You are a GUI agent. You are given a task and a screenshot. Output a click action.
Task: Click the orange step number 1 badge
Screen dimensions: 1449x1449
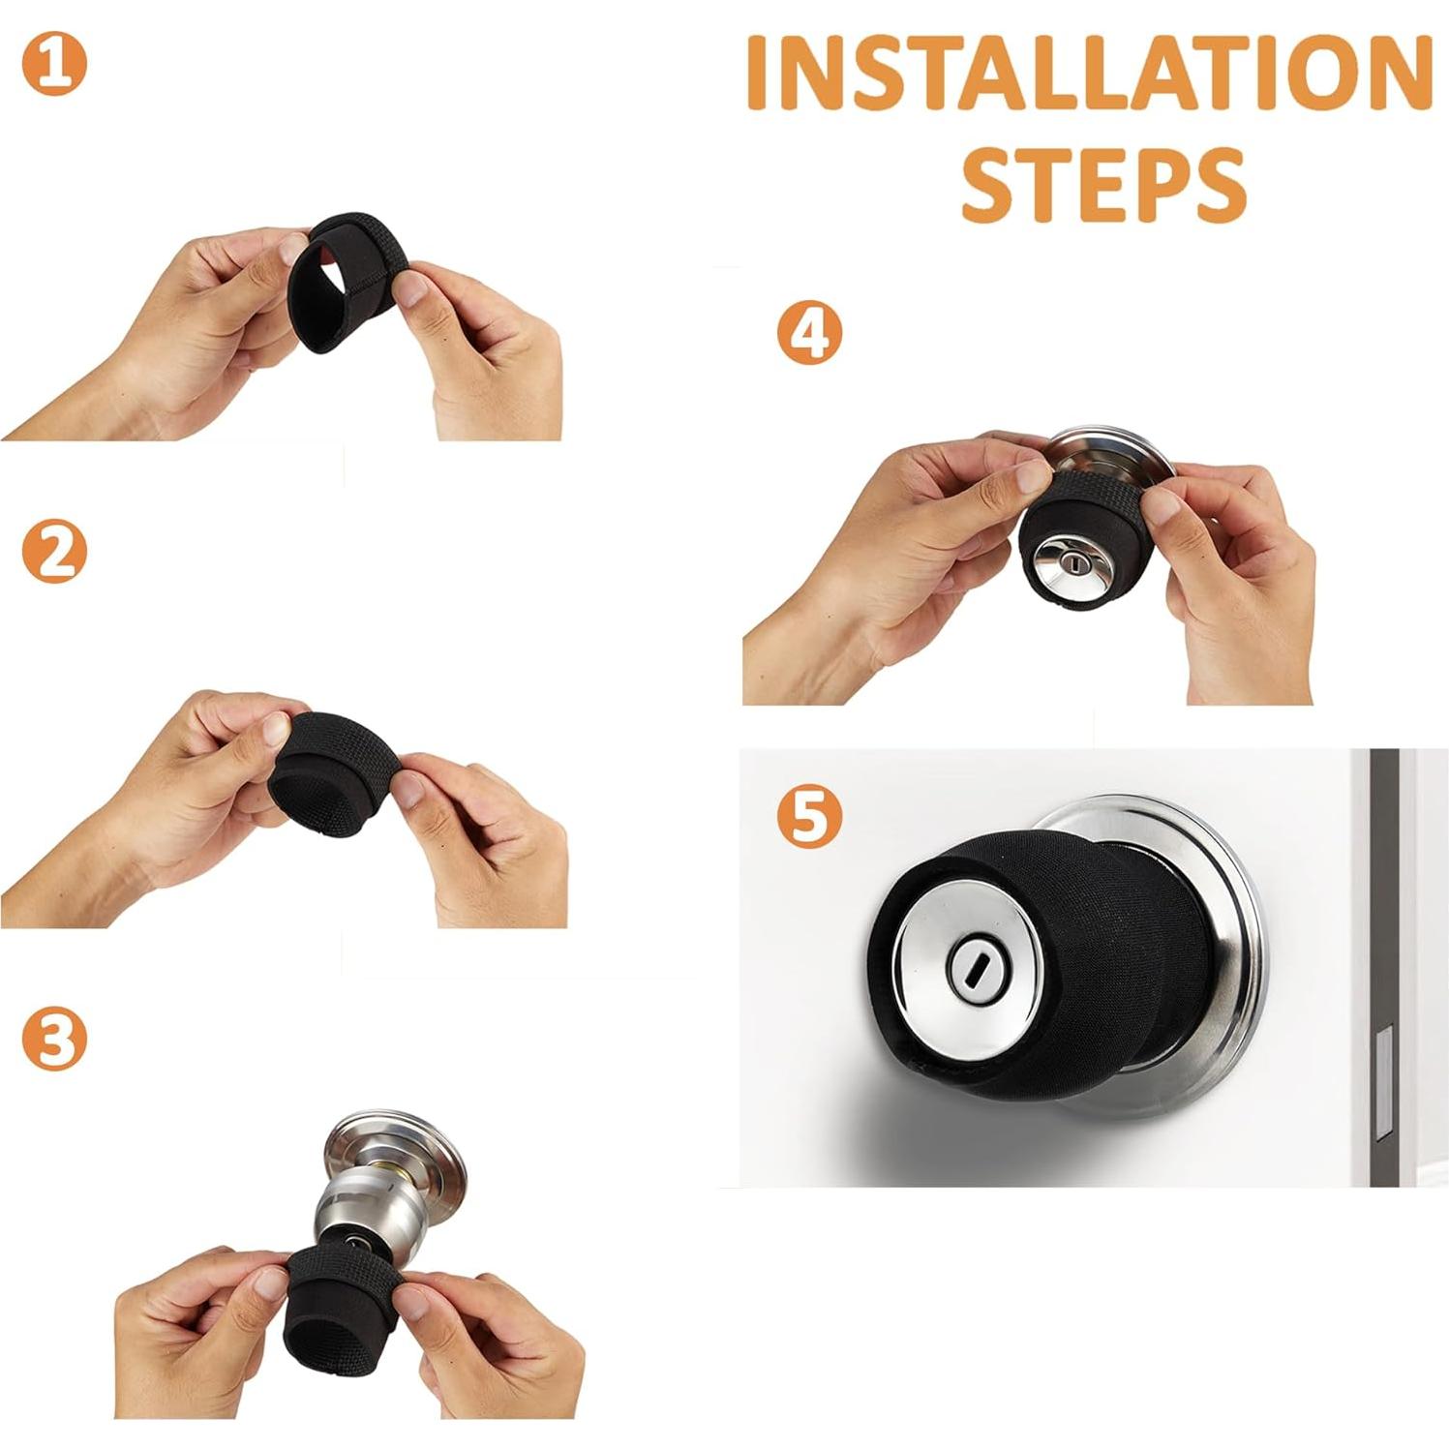coord(54,64)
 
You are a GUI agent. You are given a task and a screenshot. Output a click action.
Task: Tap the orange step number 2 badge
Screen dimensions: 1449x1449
coord(54,552)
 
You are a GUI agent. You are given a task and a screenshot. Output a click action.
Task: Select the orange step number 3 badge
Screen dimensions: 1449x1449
coord(54,1038)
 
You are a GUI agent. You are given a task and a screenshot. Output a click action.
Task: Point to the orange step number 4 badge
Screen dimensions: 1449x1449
coord(809,332)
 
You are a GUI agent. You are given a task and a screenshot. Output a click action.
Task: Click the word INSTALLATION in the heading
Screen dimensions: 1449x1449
coord(1089,75)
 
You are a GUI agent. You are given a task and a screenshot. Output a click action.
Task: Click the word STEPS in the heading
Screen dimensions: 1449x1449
coord(1102,185)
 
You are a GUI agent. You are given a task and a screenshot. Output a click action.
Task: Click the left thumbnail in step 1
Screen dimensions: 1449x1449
coord(290,249)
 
